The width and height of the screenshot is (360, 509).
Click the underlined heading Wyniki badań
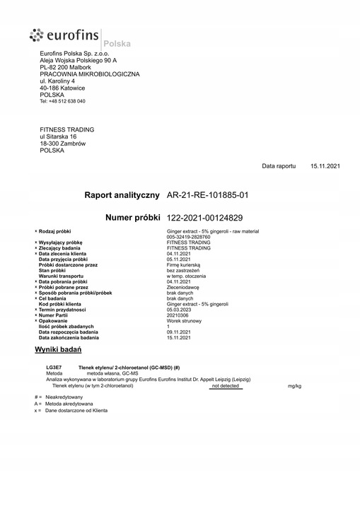(x=59, y=350)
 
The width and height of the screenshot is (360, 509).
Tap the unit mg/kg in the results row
(x=294, y=387)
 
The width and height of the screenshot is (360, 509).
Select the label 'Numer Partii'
(x=58, y=315)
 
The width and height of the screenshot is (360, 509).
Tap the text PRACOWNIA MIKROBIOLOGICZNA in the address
(x=89, y=74)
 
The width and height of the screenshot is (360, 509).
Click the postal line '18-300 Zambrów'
(x=63, y=144)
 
